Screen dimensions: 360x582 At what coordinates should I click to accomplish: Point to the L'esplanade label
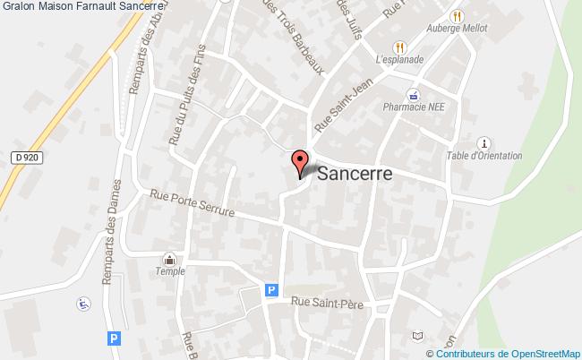click(x=398, y=60)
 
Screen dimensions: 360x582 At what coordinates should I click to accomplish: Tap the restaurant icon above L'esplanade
click(x=399, y=47)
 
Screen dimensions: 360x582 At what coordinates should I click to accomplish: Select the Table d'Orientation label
click(x=484, y=155)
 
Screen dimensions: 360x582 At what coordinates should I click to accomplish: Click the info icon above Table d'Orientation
click(x=484, y=141)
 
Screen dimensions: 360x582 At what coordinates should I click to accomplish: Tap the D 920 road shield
click(x=28, y=158)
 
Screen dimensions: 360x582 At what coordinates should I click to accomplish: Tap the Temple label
click(x=170, y=271)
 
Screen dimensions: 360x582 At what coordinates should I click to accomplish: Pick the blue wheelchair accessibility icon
click(x=83, y=303)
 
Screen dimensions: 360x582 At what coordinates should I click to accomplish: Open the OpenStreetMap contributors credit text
click(x=510, y=353)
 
